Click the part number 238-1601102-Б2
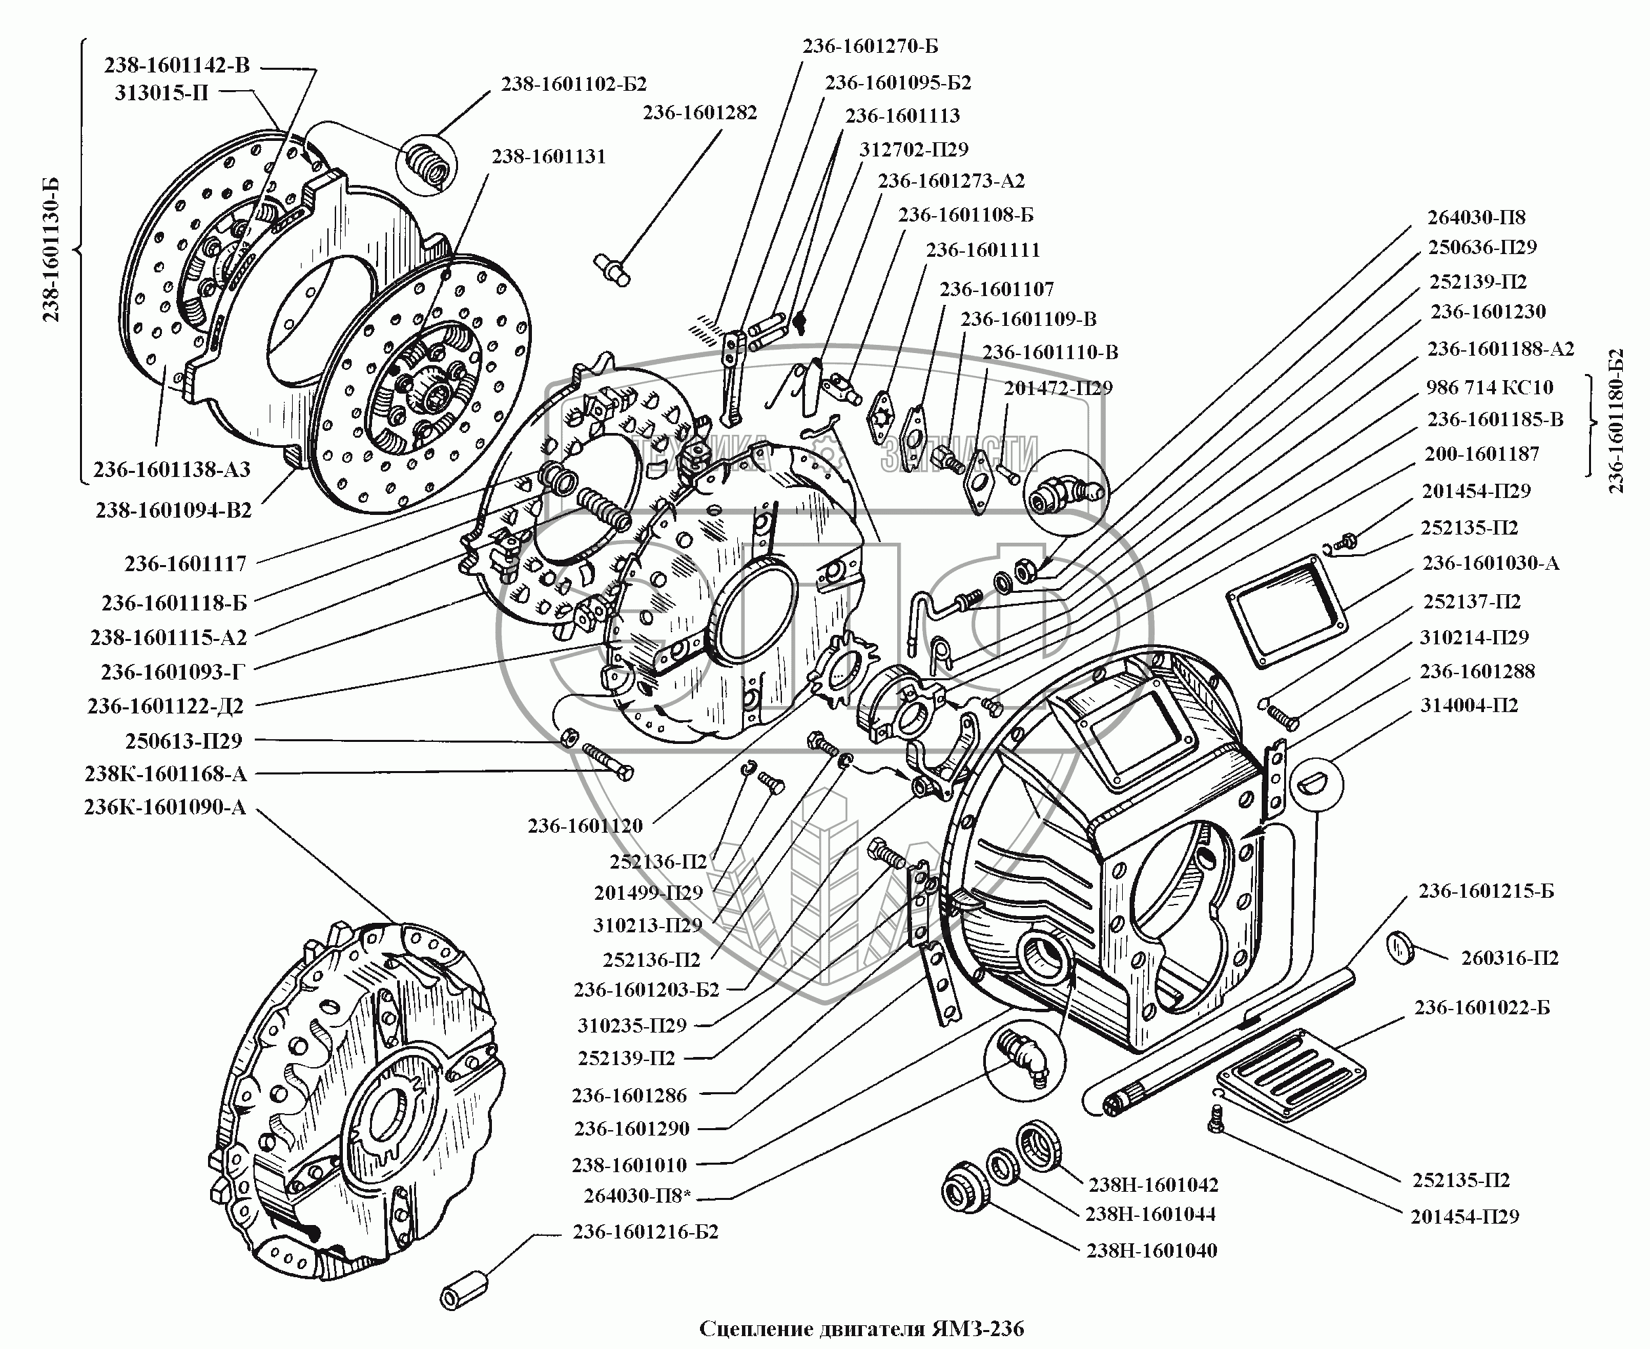point(573,84)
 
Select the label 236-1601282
point(699,112)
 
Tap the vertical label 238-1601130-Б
point(51,249)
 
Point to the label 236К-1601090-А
point(165,808)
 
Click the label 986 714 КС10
point(1490,388)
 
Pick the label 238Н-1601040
point(1152,1251)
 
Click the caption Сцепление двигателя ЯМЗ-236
point(862,1329)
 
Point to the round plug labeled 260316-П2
point(1401,949)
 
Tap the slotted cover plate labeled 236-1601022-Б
point(1291,1075)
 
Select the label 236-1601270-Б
point(871,47)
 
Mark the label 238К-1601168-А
point(165,774)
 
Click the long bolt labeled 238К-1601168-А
point(607,762)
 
